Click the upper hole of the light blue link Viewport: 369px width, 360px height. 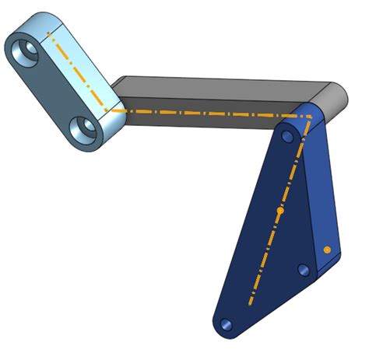click(29, 52)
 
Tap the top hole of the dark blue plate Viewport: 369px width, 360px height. click(287, 137)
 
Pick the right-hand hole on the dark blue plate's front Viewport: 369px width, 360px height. click(304, 270)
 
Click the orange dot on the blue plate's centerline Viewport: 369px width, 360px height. click(281, 211)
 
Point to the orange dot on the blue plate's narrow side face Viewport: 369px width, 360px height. click(327, 250)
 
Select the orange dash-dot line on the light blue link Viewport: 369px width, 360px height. click(78, 70)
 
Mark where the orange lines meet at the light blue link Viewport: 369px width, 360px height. click(107, 110)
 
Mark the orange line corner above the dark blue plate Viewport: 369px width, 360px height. click(310, 117)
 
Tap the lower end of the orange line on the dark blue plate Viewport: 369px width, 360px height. click(250, 304)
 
